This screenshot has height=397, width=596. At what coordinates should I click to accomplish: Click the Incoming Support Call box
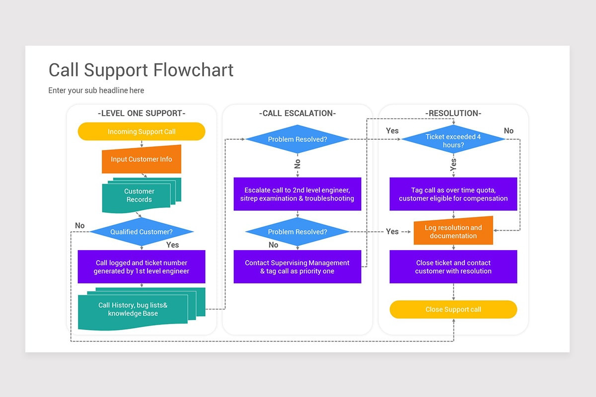tap(142, 132)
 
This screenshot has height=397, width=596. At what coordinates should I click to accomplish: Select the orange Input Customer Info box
tap(142, 159)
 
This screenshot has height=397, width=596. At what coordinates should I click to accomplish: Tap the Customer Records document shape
tap(140, 196)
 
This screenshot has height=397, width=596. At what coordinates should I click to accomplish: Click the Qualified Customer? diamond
tap(142, 232)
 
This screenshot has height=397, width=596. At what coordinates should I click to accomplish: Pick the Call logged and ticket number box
tap(142, 267)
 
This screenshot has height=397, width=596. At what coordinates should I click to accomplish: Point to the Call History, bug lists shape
tap(133, 310)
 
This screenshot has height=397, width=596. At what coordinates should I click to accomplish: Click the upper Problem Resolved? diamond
tap(298, 139)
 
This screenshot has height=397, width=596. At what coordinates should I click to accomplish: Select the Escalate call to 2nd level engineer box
tap(298, 194)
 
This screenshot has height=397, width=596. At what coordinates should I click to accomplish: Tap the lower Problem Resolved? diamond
tap(298, 232)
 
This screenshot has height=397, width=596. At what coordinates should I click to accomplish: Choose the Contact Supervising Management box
tap(298, 267)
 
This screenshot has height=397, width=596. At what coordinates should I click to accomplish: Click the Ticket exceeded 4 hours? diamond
tap(453, 140)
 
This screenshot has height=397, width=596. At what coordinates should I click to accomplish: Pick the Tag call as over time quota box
tap(453, 194)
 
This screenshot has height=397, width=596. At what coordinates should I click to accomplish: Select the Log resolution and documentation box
tap(453, 232)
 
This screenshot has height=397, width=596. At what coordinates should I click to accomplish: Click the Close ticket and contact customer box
tap(453, 267)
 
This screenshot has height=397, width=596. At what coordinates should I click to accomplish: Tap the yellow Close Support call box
tap(453, 309)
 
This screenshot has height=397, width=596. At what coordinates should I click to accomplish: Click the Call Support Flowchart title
tap(141, 70)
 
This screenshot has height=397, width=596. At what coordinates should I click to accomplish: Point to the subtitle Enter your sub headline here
tap(96, 90)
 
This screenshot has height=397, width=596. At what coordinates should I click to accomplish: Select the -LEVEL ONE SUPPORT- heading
tap(142, 113)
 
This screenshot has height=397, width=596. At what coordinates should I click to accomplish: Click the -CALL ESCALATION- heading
tap(298, 113)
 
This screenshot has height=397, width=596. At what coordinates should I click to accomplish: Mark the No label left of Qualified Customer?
tap(80, 226)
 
